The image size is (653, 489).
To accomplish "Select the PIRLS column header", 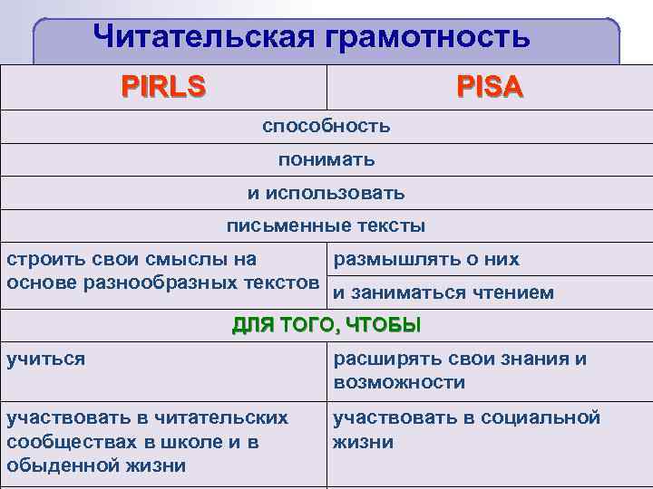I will tap(164, 87).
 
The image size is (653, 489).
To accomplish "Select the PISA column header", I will tap(490, 87).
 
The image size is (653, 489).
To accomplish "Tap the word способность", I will tap(326, 126).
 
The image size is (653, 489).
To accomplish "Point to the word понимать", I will tap(326, 159).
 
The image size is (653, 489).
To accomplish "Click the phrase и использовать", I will tap(326, 193).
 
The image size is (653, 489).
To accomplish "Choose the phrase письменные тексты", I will tap(326, 225).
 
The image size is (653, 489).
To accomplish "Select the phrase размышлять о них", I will tap(426, 259).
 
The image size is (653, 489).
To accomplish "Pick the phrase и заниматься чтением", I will tap(443, 292).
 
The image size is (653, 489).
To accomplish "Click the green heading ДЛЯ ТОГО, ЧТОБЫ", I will tap(326, 325).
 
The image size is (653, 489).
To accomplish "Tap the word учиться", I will tap(45, 359).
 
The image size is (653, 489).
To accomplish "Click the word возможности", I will tap(399, 382).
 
